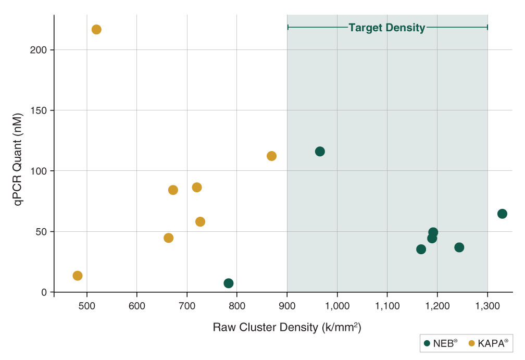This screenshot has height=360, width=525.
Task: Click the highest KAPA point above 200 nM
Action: pyautogui.click(x=96, y=30)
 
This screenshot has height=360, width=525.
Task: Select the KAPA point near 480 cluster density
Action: pyautogui.click(x=78, y=276)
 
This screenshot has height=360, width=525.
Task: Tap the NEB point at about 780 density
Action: pyautogui.click(x=229, y=283)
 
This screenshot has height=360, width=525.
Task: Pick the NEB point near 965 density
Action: pyautogui.click(x=320, y=152)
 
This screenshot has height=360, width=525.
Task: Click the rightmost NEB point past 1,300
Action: pyautogui.click(x=502, y=214)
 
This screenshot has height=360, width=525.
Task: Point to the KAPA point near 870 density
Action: pyautogui.click(x=271, y=156)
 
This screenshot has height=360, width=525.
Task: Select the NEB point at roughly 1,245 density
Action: pyautogui.click(x=459, y=247)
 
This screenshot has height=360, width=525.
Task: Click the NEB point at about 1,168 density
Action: pyautogui.click(x=421, y=250)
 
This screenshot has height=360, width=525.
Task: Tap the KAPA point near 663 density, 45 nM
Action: pyautogui.click(x=168, y=238)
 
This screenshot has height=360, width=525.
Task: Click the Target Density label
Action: pyautogui.click(x=387, y=28)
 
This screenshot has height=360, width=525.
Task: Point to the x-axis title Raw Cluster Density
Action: pyautogui.click(x=287, y=328)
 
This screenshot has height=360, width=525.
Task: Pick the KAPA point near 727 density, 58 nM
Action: pyautogui.click(x=200, y=222)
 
